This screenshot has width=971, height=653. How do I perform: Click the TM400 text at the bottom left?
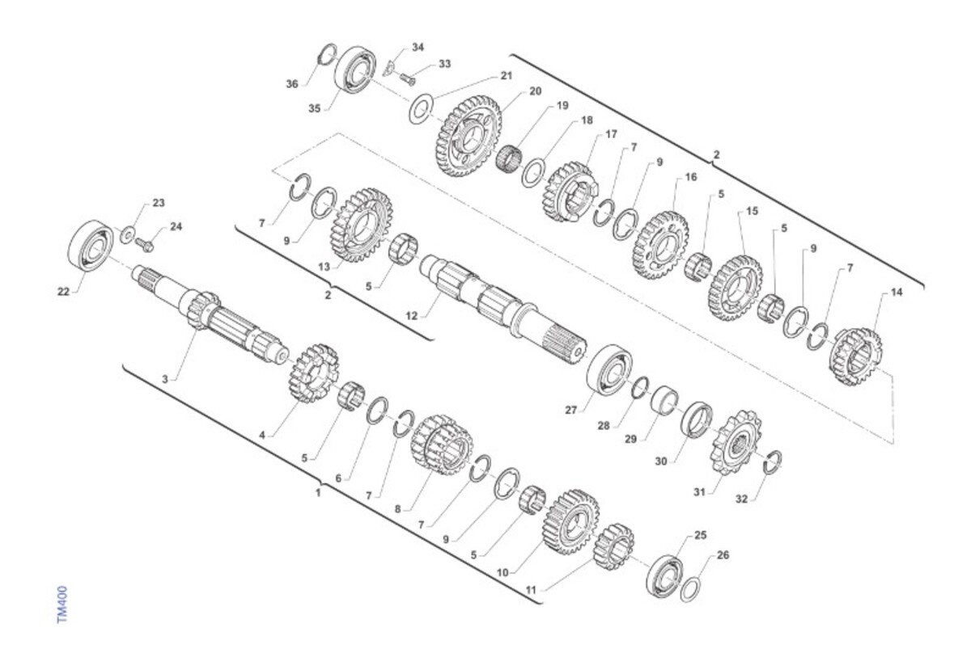tap(62, 605)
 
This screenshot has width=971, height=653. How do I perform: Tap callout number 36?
tap(292, 84)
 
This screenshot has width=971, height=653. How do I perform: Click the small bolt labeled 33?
tap(406, 79)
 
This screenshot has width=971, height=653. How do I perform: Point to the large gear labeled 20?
tap(469, 137)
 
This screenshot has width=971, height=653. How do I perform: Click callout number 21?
tap(506, 76)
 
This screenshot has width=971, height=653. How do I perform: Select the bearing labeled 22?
tap(91, 246)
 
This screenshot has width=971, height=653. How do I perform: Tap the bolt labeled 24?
tap(143, 245)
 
